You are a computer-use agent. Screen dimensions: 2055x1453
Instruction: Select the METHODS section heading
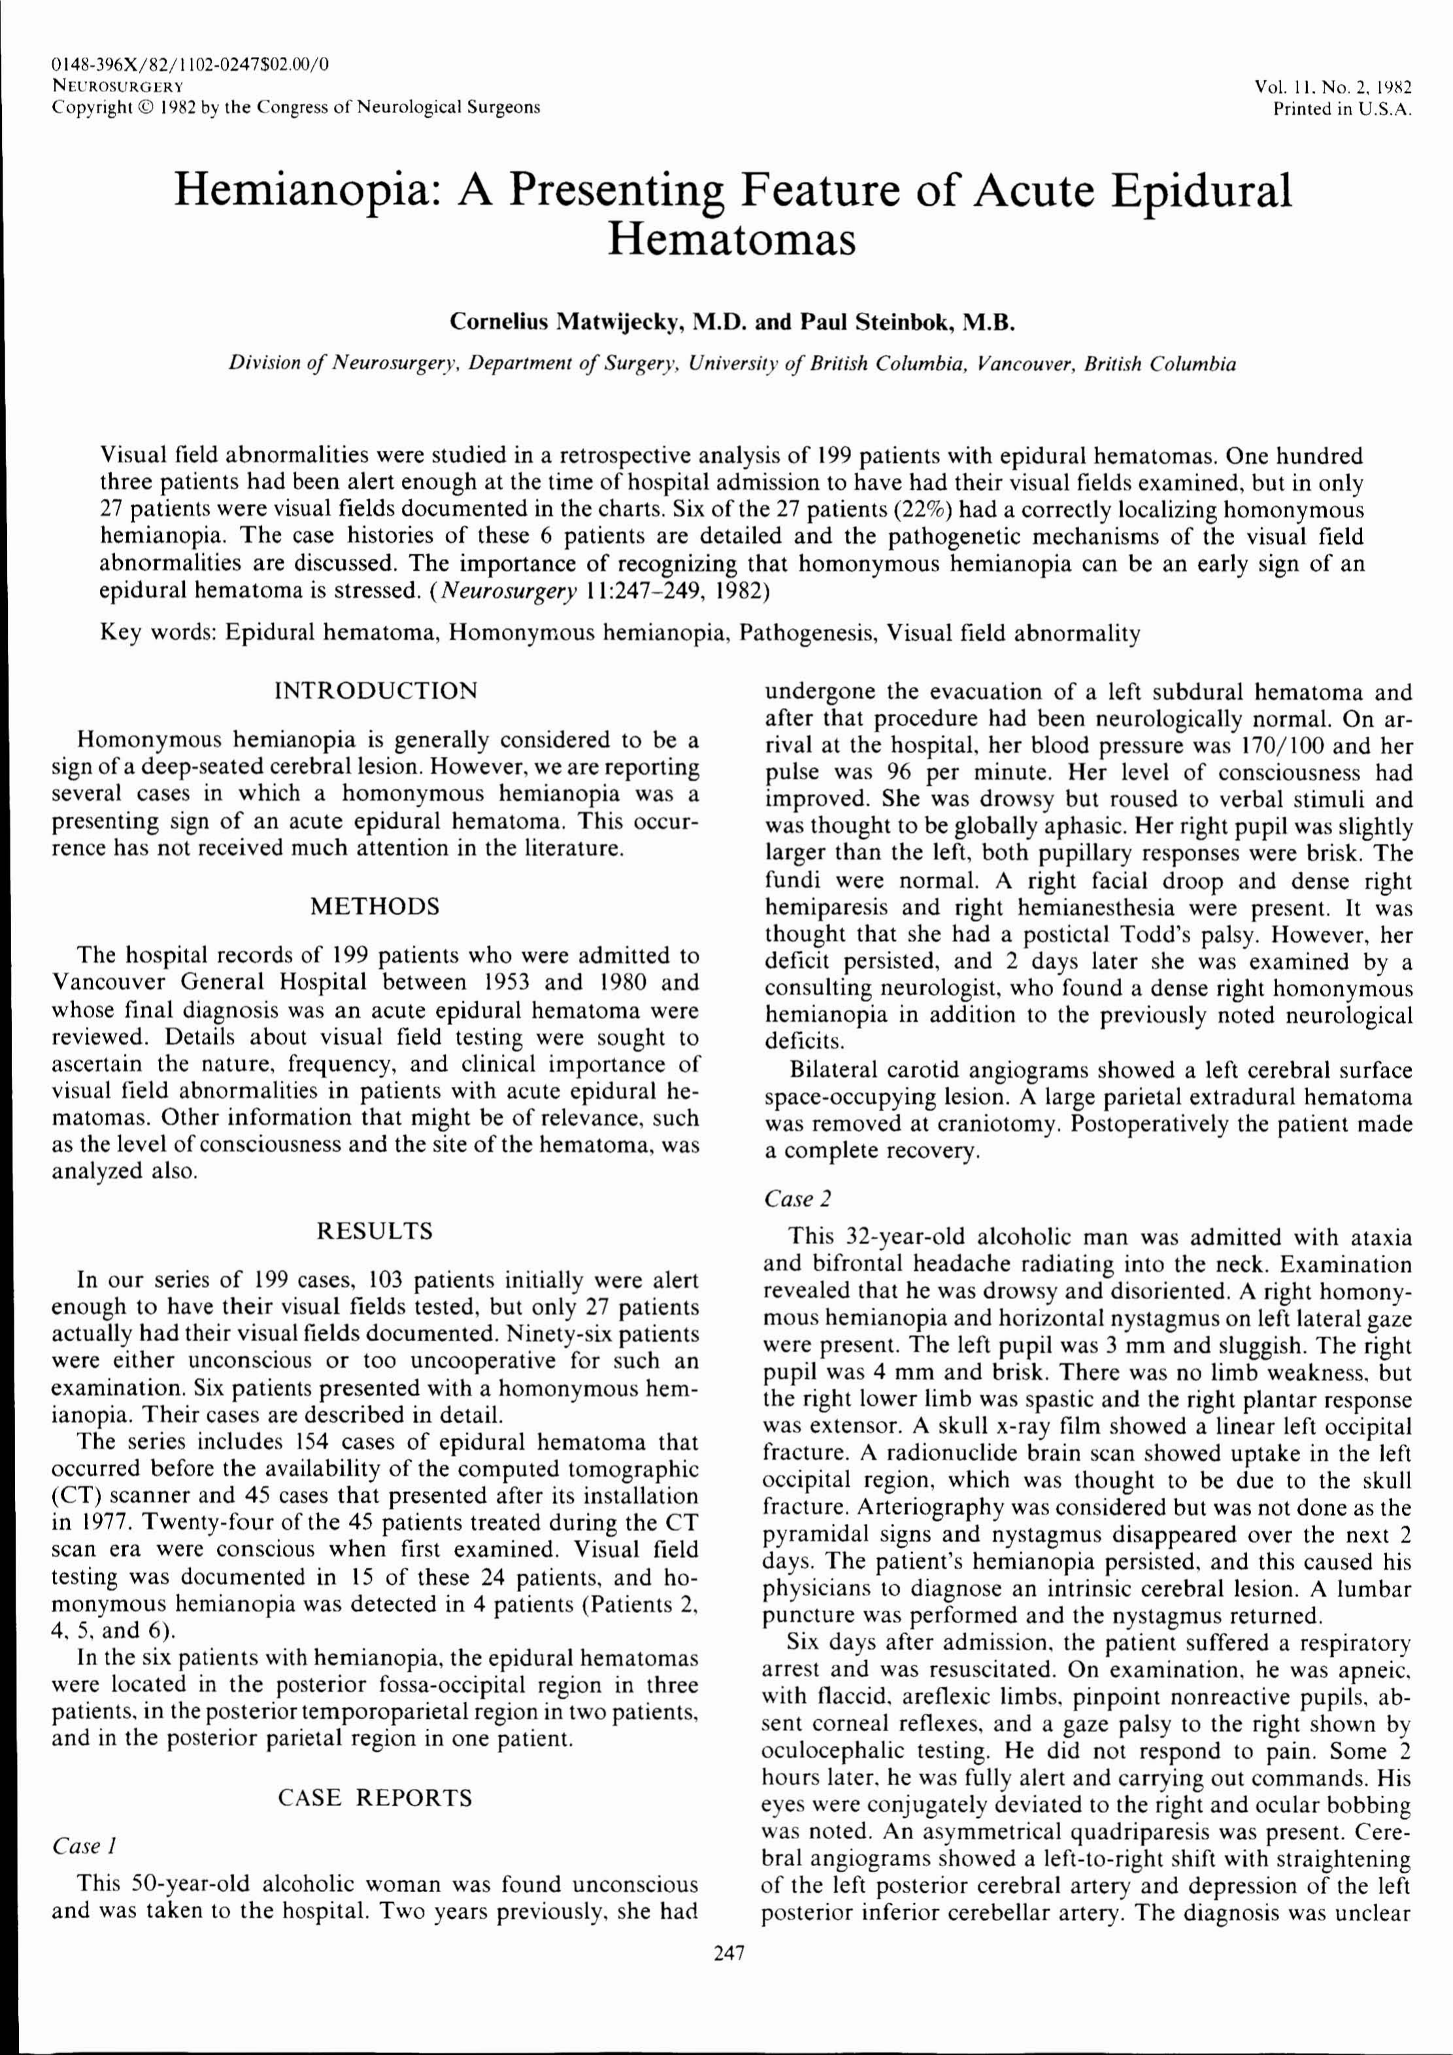pos(375,907)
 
